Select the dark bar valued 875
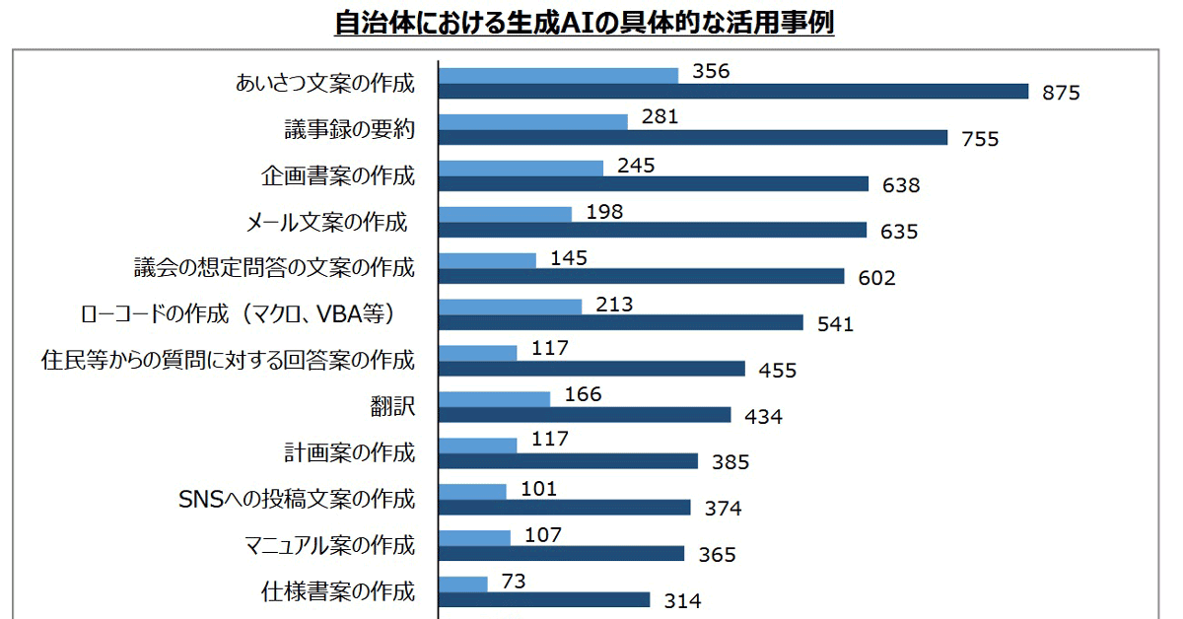[x=732, y=92]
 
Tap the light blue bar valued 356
[x=558, y=75]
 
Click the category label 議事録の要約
[x=343, y=129]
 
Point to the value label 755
[x=980, y=139]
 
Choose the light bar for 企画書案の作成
[x=521, y=168]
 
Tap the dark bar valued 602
[x=641, y=276]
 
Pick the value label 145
[x=569, y=258]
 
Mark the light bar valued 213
[x=510, y=306]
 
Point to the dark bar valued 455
[x=591, y=369]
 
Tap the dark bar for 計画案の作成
[x=567, y=460]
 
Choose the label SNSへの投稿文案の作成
[x=296, y=499]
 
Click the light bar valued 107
[x=474, y=537]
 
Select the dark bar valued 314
[x=543, y=599]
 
